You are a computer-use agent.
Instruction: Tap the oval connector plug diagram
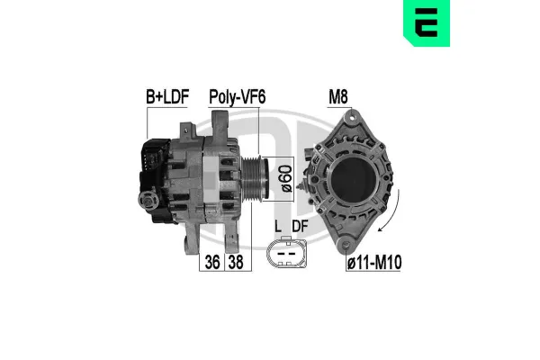[288, 255]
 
